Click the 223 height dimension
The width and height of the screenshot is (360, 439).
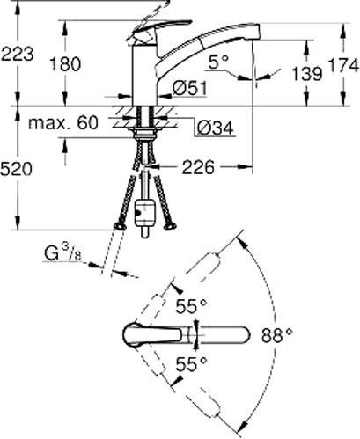point(18,54)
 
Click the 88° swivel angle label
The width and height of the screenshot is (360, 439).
point(276,334)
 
